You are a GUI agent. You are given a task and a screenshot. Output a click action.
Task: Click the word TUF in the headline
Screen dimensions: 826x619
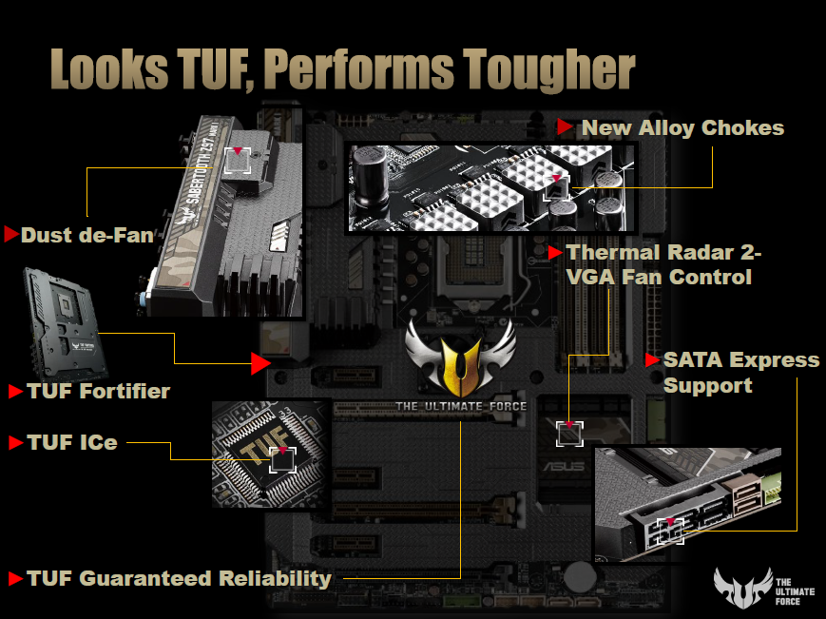pyautogui.click(x=214, y=68)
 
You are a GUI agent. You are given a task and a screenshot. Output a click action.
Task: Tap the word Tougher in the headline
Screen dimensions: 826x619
pyautogui.click(x=549, y=70)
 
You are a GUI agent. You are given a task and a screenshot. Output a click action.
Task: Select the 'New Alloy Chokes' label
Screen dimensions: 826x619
pyautogui.click(x=682, y=128)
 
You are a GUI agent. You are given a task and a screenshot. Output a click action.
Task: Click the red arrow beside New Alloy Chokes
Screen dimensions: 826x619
pyautogui.click(x=565, y=127)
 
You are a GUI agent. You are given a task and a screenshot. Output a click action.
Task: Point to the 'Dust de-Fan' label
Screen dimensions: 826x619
pyautogui.click(x=86, y=235)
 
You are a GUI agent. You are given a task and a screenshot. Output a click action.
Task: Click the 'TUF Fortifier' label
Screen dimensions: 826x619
pyautogui.click(x=99, y=392)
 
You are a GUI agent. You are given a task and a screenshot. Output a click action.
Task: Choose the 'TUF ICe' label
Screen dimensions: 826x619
pyautogui.click(x=72, y=442)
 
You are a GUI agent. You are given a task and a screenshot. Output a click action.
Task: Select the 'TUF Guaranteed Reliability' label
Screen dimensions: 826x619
pyautogui.click(x=179, y=578)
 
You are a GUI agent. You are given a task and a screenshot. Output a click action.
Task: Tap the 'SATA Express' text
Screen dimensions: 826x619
pyautogui.click(x=741, y=359)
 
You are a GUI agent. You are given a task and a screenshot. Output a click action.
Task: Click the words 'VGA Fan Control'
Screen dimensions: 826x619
pyautogui.click(x=659, y=277)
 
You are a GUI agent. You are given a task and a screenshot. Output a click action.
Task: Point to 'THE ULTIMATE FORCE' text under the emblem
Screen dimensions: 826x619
pyautogui.click(x=461, y=406)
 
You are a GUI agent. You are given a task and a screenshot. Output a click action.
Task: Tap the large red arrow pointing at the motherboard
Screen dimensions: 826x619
pyautogui.click(x=260, y=363)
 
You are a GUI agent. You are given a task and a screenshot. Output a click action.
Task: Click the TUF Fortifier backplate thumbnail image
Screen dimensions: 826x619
pyautogui.click(x=65, y=323)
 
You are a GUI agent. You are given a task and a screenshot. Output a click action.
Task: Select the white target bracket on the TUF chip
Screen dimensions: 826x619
pyautogui.click(x=283, y=460)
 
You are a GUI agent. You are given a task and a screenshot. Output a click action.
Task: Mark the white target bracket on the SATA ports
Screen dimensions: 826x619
pyautogui.click(x=670, y=531)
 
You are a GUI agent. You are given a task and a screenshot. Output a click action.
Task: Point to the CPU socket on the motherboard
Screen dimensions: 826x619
pyautogui.click(x=474, y=269)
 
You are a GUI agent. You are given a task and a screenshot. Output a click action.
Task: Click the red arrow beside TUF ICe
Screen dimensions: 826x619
pyautogui.click(x=16, y=442)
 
